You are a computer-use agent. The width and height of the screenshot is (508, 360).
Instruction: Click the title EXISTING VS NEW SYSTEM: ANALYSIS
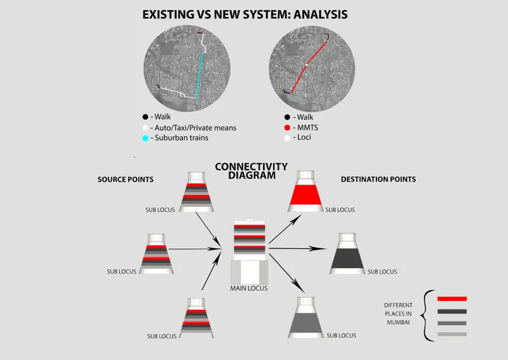coord(245,15)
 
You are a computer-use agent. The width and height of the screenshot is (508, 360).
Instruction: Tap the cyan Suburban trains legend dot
coord(145,138)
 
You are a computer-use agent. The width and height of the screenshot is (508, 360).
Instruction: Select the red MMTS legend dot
coord(287,128)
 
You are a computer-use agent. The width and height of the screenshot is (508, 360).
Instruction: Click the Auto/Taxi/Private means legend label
coord(196,128)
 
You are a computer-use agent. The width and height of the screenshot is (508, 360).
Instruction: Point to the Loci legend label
coord(304,137)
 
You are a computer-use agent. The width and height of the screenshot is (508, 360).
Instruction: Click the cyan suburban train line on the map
coord(199,75)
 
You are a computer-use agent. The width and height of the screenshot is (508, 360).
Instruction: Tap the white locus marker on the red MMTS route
coord(307,65)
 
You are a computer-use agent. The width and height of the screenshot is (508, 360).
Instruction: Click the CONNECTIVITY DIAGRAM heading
coord(251,171)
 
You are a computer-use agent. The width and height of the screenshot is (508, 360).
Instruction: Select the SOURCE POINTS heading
coord(126,180)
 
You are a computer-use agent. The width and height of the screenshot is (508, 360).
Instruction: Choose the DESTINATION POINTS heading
coord(378,179)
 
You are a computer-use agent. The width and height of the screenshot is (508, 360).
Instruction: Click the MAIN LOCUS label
coord(249,288)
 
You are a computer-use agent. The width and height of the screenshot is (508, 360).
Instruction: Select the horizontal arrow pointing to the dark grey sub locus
coord(297,248)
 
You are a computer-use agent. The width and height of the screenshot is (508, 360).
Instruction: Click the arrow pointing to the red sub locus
coord(285,229)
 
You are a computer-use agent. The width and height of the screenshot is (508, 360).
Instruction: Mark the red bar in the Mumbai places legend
coord(452,299)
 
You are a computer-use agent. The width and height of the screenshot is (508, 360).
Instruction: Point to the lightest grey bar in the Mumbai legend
coord(452,334)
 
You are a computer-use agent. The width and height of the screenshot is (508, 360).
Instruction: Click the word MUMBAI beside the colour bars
coord(398,323)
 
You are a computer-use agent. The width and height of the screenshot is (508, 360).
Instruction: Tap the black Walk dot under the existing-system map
coord(145,117)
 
